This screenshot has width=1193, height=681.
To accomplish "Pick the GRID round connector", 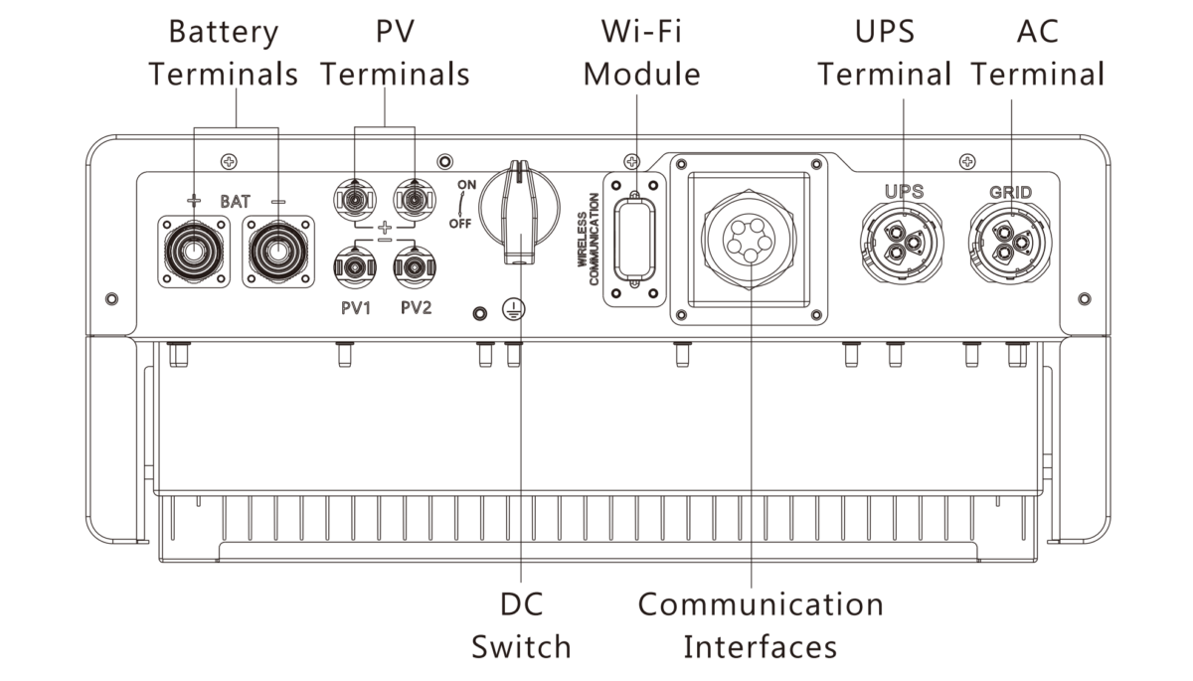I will pyautogui.click(x=1010, y=240).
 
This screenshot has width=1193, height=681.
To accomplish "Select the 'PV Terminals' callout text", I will pyautogui.click(x=396, y=53).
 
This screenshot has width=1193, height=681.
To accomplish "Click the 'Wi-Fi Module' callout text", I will pyautogui.click(x=642, y=53).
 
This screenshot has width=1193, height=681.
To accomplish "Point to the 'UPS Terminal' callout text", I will pyautogui.click(x=884, y=53).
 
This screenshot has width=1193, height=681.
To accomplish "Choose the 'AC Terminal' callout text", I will pyautogui.click(x=1037, y=53).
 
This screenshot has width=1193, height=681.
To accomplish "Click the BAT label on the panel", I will pyautogui.click(x=236, y=201).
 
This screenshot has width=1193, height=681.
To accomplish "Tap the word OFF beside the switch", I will pyautogui.click(x=459, y=224).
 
